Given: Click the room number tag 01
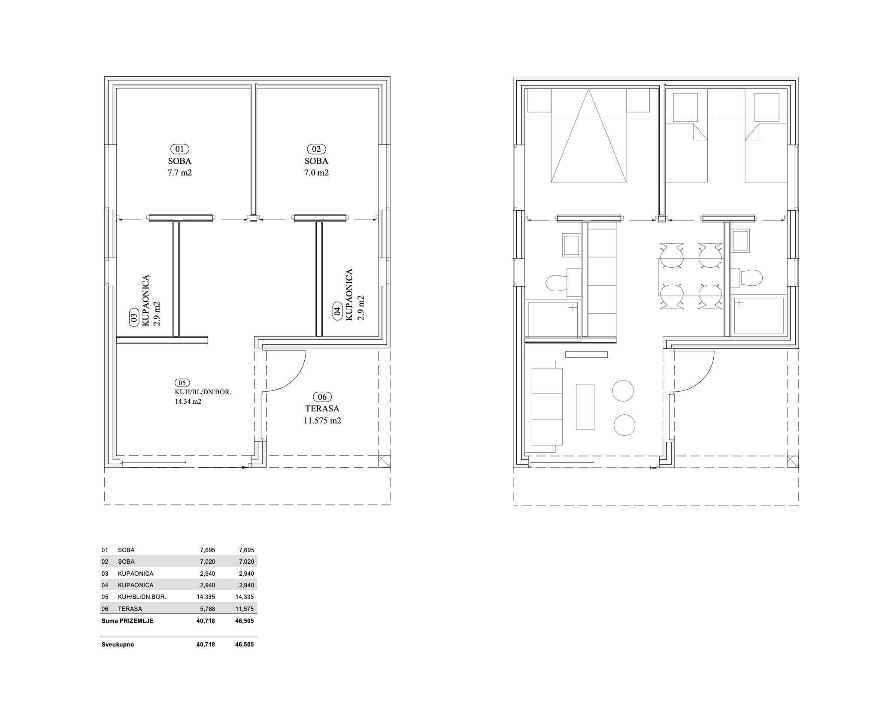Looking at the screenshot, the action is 179,149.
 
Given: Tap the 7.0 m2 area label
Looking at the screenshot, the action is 316,173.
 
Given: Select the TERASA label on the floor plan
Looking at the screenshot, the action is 322,409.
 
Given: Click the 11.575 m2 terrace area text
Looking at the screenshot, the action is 322,421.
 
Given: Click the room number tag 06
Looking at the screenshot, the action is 322,397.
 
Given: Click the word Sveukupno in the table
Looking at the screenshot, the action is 118,644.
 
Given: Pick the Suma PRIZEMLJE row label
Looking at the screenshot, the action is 127,621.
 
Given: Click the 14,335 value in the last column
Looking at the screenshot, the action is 245,597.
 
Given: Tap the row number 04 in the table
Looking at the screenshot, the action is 105,585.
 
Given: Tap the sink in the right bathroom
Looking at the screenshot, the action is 741,241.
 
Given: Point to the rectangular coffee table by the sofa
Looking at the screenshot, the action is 585,407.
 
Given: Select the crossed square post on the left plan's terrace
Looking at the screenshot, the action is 385,461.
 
